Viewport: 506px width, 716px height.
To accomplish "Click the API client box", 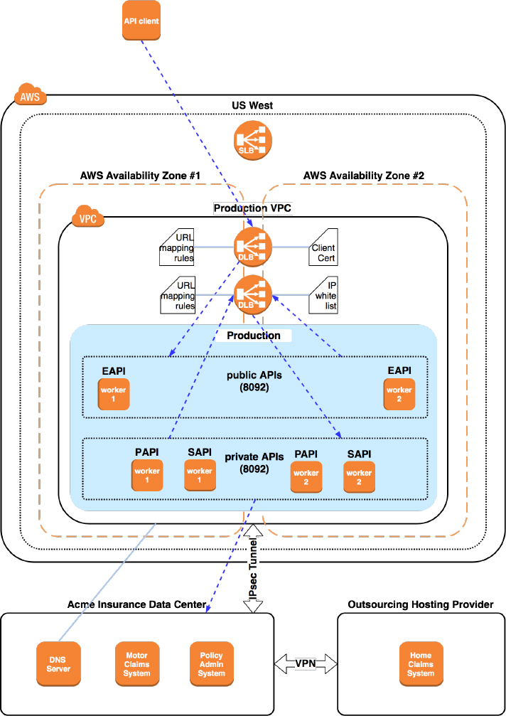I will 139,21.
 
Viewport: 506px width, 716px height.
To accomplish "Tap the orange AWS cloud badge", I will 30,97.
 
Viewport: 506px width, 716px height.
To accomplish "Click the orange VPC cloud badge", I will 88,217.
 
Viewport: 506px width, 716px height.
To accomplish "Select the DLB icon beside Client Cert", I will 253,246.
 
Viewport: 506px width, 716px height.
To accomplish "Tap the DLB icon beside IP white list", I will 253,294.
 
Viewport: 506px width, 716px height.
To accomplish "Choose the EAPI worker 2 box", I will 399,395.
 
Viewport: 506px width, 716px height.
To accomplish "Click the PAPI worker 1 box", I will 147,475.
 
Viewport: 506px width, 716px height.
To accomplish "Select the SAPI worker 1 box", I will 200,475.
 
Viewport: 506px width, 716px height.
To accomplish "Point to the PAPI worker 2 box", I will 306,476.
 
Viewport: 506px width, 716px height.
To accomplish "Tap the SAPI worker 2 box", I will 359,476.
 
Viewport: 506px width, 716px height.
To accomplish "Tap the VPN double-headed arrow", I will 306,663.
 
